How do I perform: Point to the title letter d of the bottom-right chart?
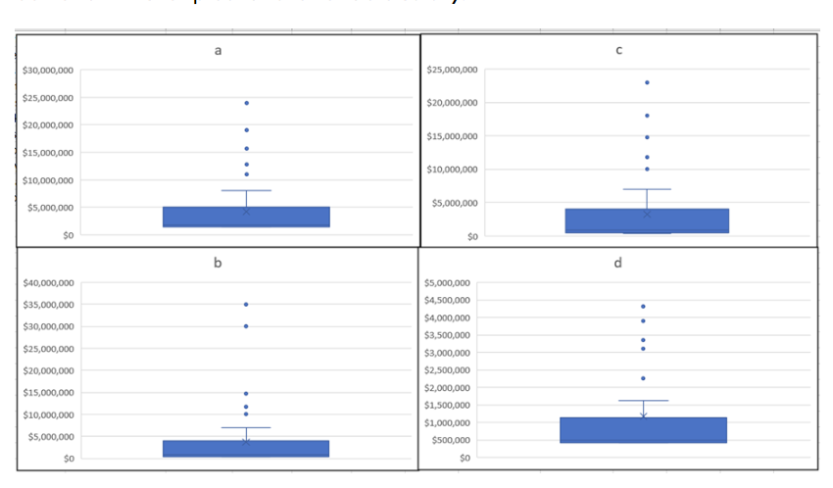pos(619,262)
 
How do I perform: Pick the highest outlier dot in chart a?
pos(246,103)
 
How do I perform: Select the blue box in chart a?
pos(246,217)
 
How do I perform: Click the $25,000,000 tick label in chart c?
pos(453,71)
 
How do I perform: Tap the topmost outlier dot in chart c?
pos(647,82)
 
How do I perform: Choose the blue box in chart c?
pos(647,220)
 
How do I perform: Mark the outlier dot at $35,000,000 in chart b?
pos(246,305)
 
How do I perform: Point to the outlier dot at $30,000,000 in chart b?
pos(246,326)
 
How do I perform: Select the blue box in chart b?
pos(246,449)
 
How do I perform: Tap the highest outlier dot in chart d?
pos(643,307)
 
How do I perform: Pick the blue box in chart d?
pos(643,430)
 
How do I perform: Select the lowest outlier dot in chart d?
pos(643,378)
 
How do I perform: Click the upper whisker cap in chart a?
pos(246,190)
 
